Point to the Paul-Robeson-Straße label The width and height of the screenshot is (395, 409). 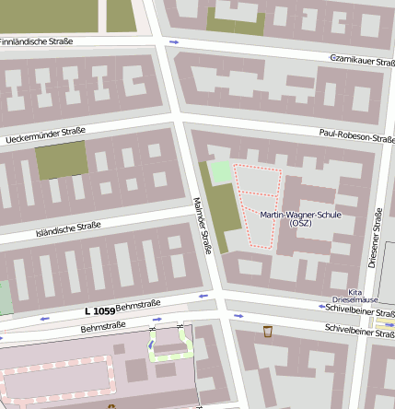tap(357, 137)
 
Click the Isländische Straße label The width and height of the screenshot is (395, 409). tap(68, 228)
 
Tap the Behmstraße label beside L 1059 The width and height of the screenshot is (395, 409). tap(139, 305)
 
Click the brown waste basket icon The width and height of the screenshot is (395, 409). tap(268, 332)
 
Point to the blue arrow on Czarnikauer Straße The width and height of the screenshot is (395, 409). tap(175, 42)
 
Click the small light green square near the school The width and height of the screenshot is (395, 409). tap(220, 172)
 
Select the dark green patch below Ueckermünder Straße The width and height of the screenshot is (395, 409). tap(62, 160)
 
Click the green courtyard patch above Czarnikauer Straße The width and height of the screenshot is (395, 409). tap(235, 21)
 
